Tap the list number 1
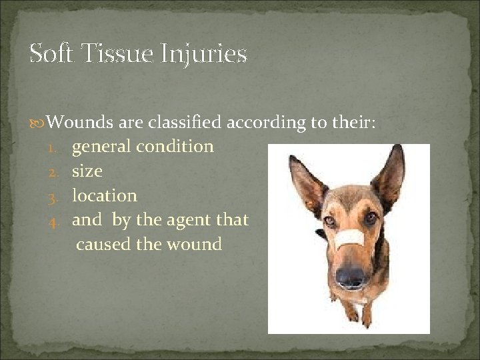coord(59,147)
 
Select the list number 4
coord(59,221)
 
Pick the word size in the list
coord(87,171)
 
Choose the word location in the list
coord(104,195)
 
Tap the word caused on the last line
coord(103,245)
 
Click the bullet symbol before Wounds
coord(39,123)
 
